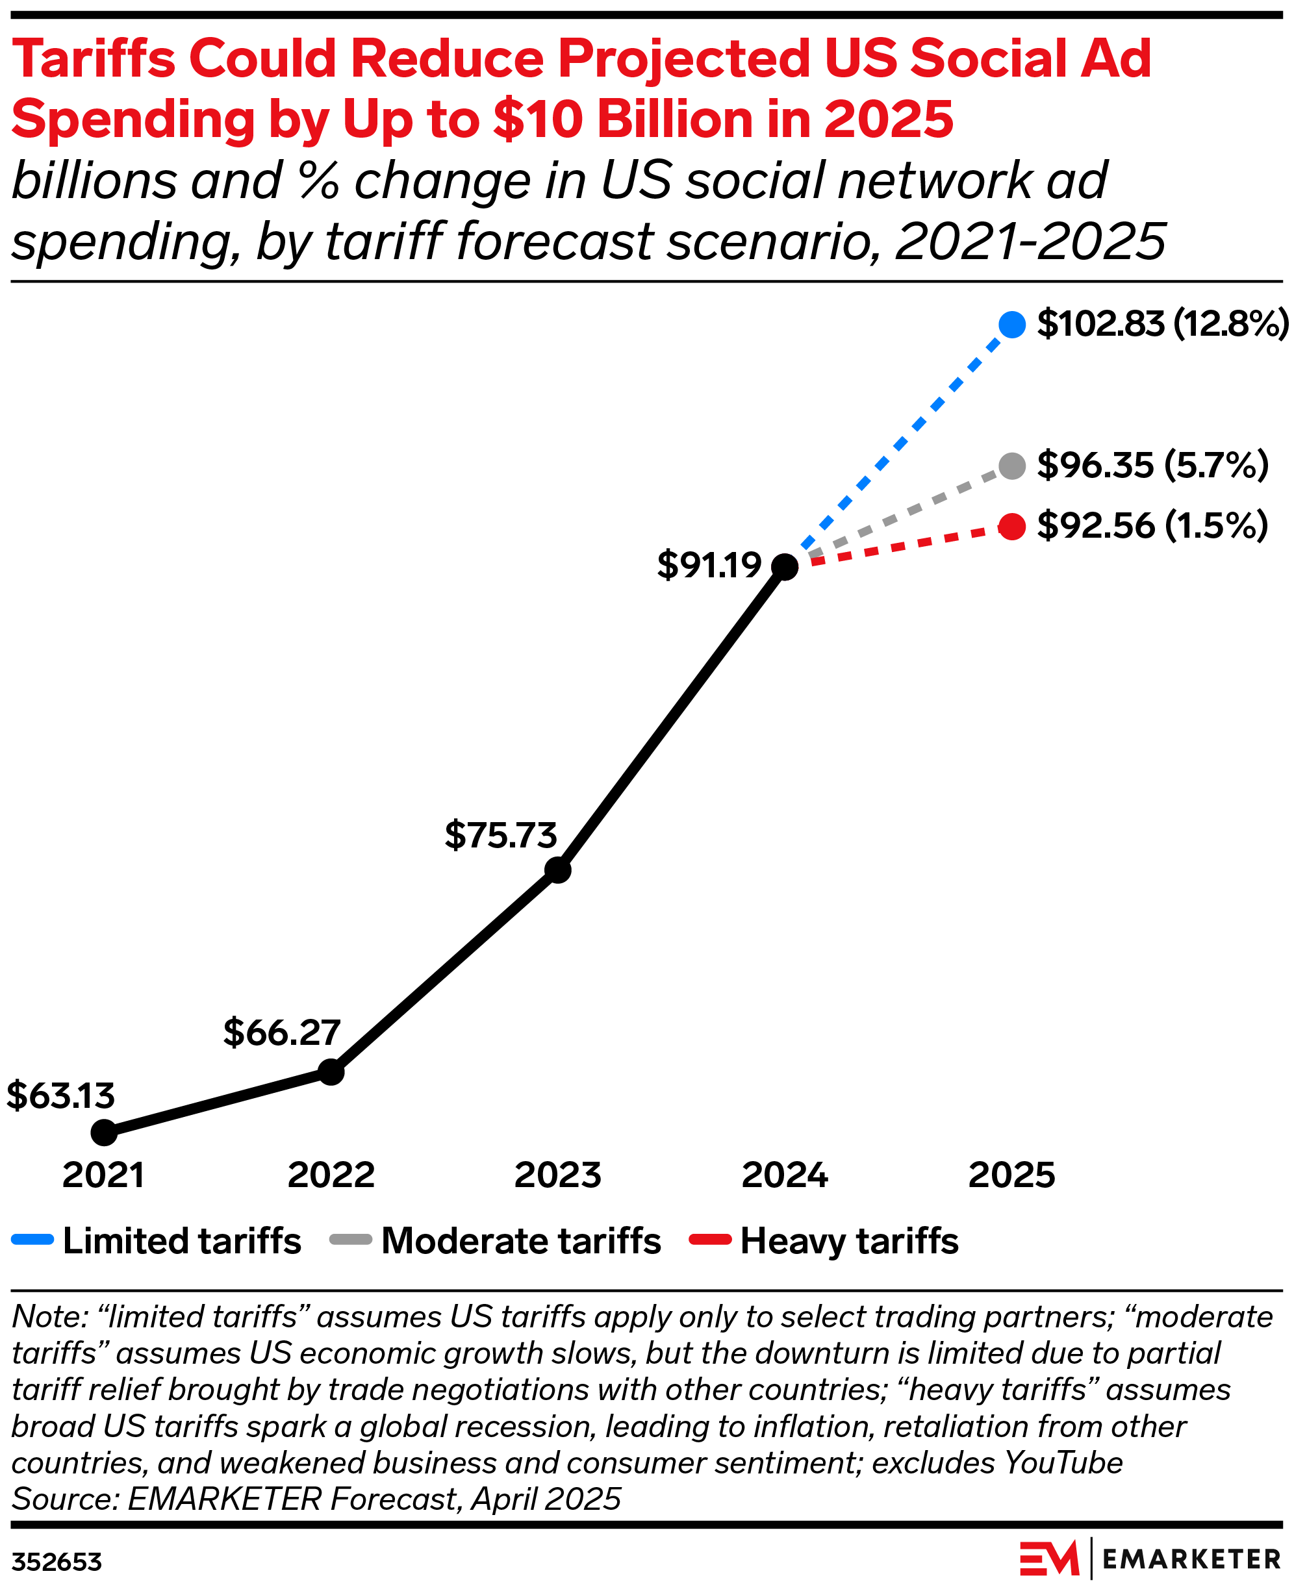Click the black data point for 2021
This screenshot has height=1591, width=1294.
click(105, 1133)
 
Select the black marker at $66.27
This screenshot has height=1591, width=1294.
click(331, 1072)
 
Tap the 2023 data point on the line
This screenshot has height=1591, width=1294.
click(557, 870)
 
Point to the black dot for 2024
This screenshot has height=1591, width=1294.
click(785, 566)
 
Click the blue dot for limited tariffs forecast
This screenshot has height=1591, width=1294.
click(1011, 324)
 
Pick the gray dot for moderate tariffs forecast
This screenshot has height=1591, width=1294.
click(1011, 466)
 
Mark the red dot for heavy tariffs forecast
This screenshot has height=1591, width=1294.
click(1011, 527)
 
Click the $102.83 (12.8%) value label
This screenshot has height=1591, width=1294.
click(1162, 323)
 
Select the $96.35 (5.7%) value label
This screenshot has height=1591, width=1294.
click(1152, 465)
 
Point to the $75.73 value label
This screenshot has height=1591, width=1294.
click(501, 834)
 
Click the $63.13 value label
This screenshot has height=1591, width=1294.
click(60, 1096)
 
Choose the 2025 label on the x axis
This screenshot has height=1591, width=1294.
click(1011, 1175)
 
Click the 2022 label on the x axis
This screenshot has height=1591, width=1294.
click(331, 1175)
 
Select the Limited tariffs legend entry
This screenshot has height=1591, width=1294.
click(157, 1241)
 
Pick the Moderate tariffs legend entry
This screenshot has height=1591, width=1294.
click(496, 1241)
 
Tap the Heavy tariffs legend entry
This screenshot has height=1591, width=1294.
click(824, 1241)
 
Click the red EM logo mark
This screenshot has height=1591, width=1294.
click(1048, 1559)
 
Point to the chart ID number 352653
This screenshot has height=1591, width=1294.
click(57, 1562)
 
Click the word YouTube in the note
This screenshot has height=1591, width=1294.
click(1063, 1463)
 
